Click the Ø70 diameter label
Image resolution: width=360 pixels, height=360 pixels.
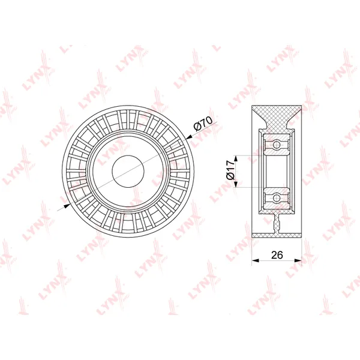pos(202,122)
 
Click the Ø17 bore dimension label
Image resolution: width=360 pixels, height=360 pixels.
pos(230,171)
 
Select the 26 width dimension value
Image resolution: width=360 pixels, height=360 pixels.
pos(277,255)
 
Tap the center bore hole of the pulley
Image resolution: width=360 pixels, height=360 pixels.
pos(128,171)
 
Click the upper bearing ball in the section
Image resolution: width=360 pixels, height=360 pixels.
pos(277,145)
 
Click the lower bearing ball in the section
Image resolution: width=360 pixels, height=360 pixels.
pos(277,197)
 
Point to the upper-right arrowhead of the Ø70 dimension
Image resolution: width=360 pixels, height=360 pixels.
pos(189,137)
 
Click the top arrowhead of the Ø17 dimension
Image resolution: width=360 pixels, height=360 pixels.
pos(236,159)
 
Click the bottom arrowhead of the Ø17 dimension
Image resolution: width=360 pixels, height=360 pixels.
pos(236,184)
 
